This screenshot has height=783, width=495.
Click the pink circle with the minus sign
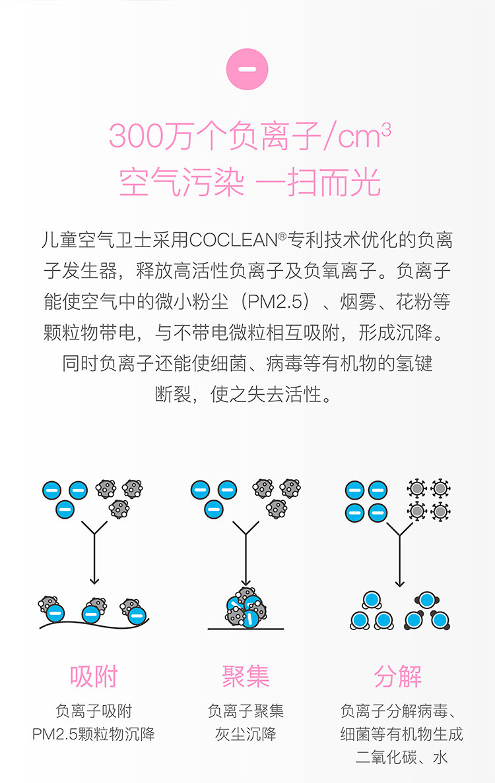coord(247,69)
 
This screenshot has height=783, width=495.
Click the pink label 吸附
coord(94,676)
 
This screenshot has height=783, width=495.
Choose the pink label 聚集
coord(246,676)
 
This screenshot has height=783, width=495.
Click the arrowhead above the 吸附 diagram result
coord(94,580)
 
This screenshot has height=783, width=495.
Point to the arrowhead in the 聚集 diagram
coord(246,580)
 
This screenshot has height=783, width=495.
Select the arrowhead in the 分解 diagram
coord(399,583)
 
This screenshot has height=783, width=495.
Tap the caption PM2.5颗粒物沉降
coord(94,734)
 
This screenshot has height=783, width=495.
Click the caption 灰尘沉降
coord(246,734)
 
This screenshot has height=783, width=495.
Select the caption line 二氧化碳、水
coord(402,757)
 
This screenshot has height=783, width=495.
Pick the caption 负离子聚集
coord(246,711)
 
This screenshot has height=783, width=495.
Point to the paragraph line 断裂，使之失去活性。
coord(247,394)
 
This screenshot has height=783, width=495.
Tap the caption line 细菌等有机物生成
coord(402,734)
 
